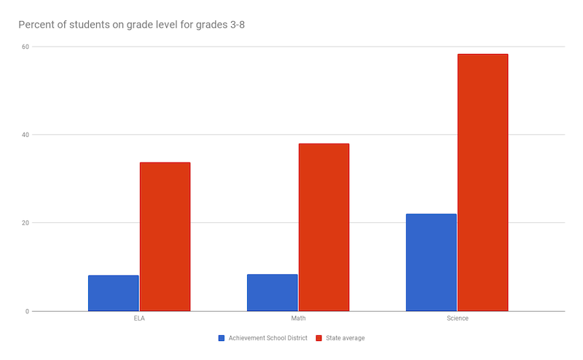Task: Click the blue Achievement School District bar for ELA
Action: coord(113,293)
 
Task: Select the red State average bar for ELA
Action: coord(165,237)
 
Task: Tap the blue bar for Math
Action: coord(272,292)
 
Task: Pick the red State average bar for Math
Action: coord(324,227)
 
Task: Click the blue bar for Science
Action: coord(431,262)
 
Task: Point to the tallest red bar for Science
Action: coord(482,182)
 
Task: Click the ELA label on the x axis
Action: coord(139,318)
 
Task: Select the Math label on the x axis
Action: coord(298,318)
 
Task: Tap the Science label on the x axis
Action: coord(457,318)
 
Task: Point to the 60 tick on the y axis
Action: coord(25,47)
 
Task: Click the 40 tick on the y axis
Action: coord(25,135)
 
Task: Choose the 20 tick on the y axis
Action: coord(25,223)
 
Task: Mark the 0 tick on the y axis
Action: coord(27,311)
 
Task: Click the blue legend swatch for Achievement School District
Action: coord(222,338)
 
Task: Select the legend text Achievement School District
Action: coord(267,338)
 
